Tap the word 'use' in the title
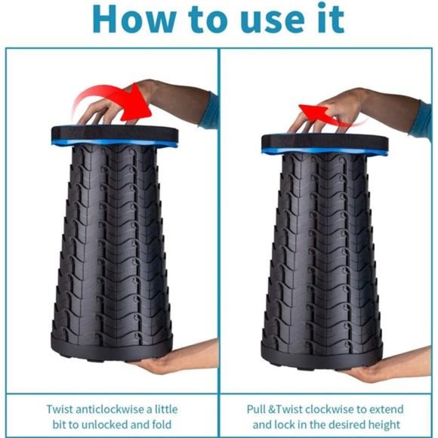pyautogui.click(x=273, y=23)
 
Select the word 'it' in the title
pyautogui.click(x=331, y=18)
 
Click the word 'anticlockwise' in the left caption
pyautogui.click(x=111, y=409)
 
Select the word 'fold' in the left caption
pyautogui.click(x=162, y=424)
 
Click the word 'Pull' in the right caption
pyautogui.click(x=256, y=409)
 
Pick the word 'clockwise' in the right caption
pyautogui.click(x=329, y=409)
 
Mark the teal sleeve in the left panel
pyautogui.click(x=210, y=112)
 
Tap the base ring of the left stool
pyautogui.click(x=112, y=349)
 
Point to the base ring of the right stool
pyautogui.click(x=321, y=356)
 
